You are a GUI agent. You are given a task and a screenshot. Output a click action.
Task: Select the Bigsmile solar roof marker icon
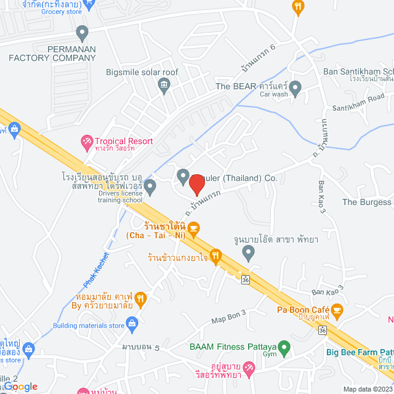click(164, 84)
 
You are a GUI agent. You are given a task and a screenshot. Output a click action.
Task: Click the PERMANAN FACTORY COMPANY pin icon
click(82, 33)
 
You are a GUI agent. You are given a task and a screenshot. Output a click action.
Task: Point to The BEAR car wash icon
click(295, 86)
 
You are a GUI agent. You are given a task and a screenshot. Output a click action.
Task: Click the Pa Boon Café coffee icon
click(337, 309)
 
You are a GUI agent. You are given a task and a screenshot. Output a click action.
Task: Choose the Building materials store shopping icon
click(131, 322)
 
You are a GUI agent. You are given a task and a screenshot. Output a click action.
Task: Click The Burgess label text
click(367, 202)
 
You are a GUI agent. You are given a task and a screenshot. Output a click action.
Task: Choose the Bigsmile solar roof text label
click(142, 72)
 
